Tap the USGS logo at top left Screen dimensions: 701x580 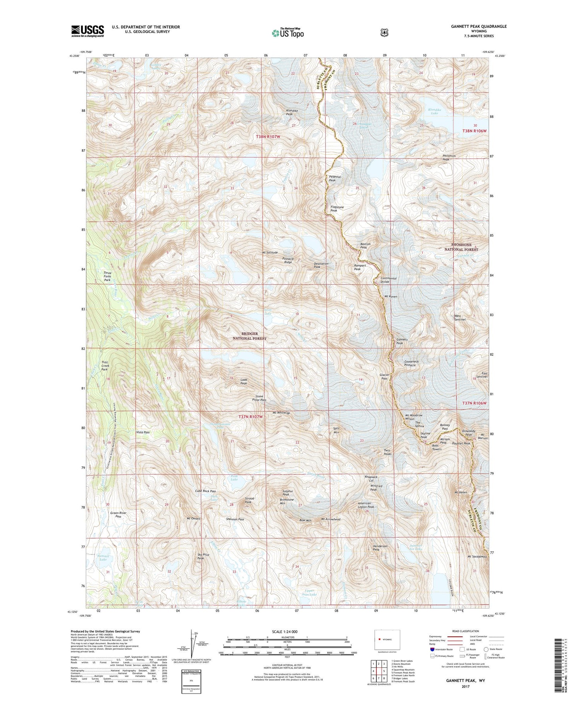tap(87, 31)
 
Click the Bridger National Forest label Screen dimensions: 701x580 tap(249, 336)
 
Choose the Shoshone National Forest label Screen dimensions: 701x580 tap(465, 247)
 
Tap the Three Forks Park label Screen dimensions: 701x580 tap(107, 276)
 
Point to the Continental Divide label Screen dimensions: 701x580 tap(388, 280)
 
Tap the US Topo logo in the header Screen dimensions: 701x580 tap(288, 33)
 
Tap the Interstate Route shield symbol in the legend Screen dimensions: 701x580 tap(432, 649)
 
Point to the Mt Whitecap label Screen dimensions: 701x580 tap(281, 413)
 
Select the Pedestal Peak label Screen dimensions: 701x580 tap(334, 178)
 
